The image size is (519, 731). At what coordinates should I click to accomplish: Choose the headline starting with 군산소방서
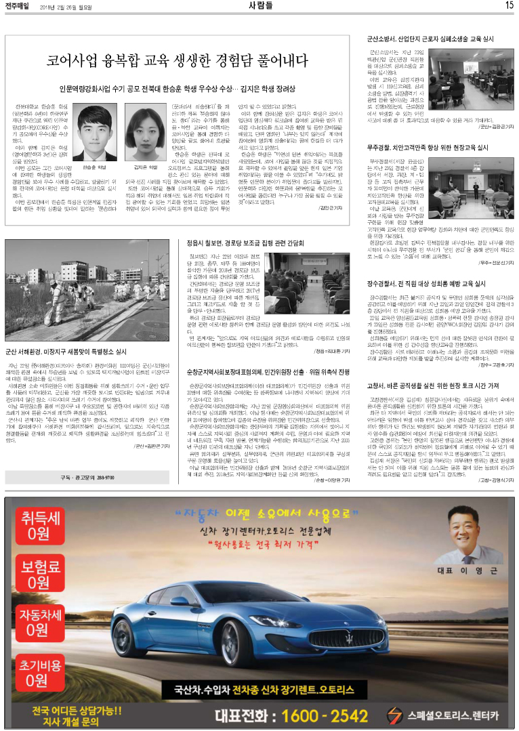pos(431,41)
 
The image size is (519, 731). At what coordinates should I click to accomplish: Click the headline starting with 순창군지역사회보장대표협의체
pos(268,372)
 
